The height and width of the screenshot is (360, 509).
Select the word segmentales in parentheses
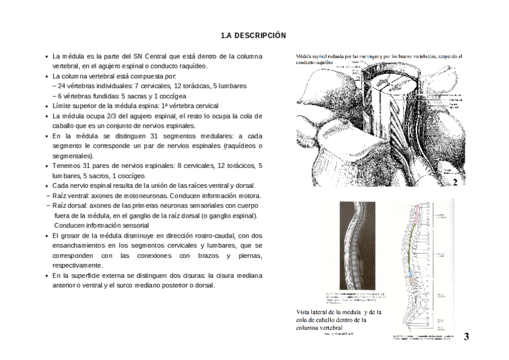71,155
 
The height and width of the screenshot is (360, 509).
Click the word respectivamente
77,265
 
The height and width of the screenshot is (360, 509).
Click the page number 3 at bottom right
466,337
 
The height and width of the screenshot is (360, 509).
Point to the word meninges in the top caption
370,56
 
